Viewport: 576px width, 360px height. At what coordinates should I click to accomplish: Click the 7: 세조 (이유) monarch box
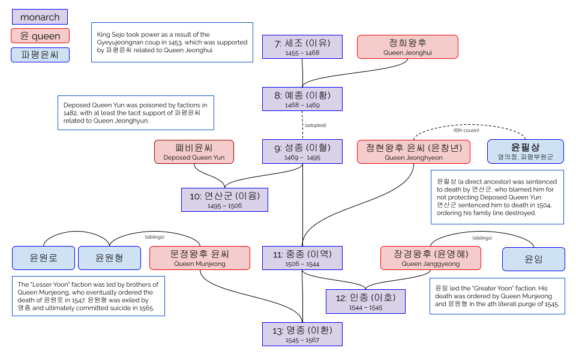click(302, 47)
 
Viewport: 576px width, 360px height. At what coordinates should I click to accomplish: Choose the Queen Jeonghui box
click(407, 47)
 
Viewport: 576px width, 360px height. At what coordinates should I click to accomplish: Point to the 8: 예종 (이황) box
click(302, 99)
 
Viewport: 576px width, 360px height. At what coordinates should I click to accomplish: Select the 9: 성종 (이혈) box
click(302, 151)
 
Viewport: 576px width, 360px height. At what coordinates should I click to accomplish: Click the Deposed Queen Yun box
click(194, 151)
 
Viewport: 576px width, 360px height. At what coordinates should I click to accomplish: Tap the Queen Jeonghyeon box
click(413, 151)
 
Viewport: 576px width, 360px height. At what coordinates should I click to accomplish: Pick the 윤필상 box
click(525, 151)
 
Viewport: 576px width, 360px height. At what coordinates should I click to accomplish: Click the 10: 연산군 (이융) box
click(224, 200)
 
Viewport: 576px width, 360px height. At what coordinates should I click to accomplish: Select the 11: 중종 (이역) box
click(302, 258)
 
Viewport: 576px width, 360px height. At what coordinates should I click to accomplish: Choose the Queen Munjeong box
click(200, 258)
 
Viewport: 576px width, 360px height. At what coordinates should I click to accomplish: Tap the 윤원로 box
click(44, 258)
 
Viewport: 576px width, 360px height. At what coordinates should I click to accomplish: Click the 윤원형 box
click(109, 258)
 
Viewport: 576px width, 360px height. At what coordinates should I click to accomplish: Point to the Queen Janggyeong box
click(430, 258)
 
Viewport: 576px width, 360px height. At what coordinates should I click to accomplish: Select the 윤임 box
click(533, 258)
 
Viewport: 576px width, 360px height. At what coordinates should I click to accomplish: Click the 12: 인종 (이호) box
click(365, 301)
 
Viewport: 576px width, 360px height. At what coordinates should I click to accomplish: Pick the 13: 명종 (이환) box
click(302, 334)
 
